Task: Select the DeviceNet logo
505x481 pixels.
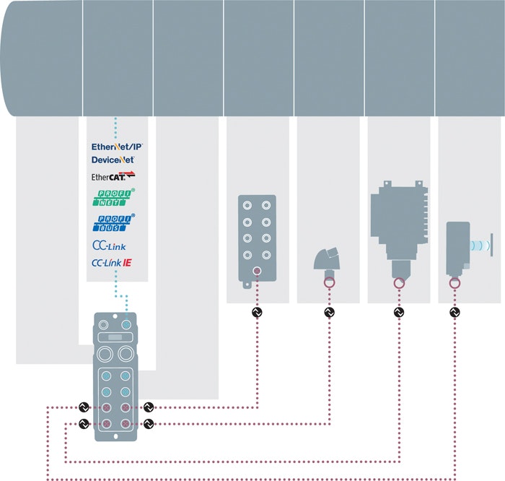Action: pos(113,159)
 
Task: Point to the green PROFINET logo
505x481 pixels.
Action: pos(114,197)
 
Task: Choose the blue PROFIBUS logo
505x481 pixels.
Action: pos(114,222)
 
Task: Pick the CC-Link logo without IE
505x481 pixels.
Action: pos(109,245)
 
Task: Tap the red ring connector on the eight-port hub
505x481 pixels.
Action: pos(257,272)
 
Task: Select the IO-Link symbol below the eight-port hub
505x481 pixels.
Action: pos(257,313)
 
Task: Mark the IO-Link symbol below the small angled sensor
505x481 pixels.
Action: pos(330,313)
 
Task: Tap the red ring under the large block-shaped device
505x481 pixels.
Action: pos(398,284)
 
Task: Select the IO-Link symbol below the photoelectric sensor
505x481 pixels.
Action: pos(454,313)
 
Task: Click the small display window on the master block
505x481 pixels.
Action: pos(115,337)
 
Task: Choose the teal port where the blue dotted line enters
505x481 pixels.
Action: pos(127,326)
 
